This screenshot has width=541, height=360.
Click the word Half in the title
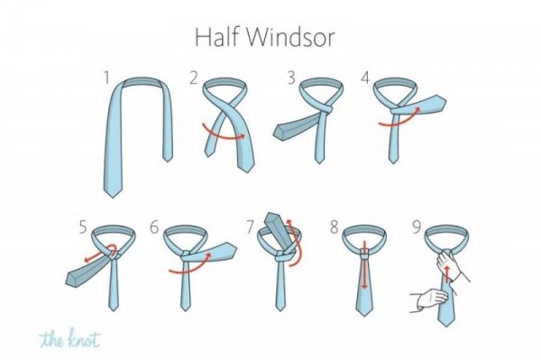point(217,37)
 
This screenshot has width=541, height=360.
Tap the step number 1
point(107,78)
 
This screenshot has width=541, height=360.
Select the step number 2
point(194,78)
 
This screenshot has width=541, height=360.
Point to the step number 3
point(291,78)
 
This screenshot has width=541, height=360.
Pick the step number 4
point(365,78)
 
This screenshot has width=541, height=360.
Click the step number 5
point(83,227)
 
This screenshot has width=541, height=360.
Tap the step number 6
point(154,227)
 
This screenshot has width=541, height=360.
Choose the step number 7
point(251,227)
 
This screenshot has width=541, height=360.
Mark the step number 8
point(334,227)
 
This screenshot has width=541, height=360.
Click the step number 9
point(417,227)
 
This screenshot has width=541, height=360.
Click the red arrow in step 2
point(223,135)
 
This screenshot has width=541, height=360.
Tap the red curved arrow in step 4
point(400,120)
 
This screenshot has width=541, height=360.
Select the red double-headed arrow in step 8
point(364,264)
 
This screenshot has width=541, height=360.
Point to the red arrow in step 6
point(190,269)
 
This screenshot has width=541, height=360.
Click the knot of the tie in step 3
point(326,110)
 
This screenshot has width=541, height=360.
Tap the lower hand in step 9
point(429,300)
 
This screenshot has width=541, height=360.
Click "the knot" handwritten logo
point(69,338)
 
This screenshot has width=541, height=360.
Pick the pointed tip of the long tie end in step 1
point(113,197)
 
